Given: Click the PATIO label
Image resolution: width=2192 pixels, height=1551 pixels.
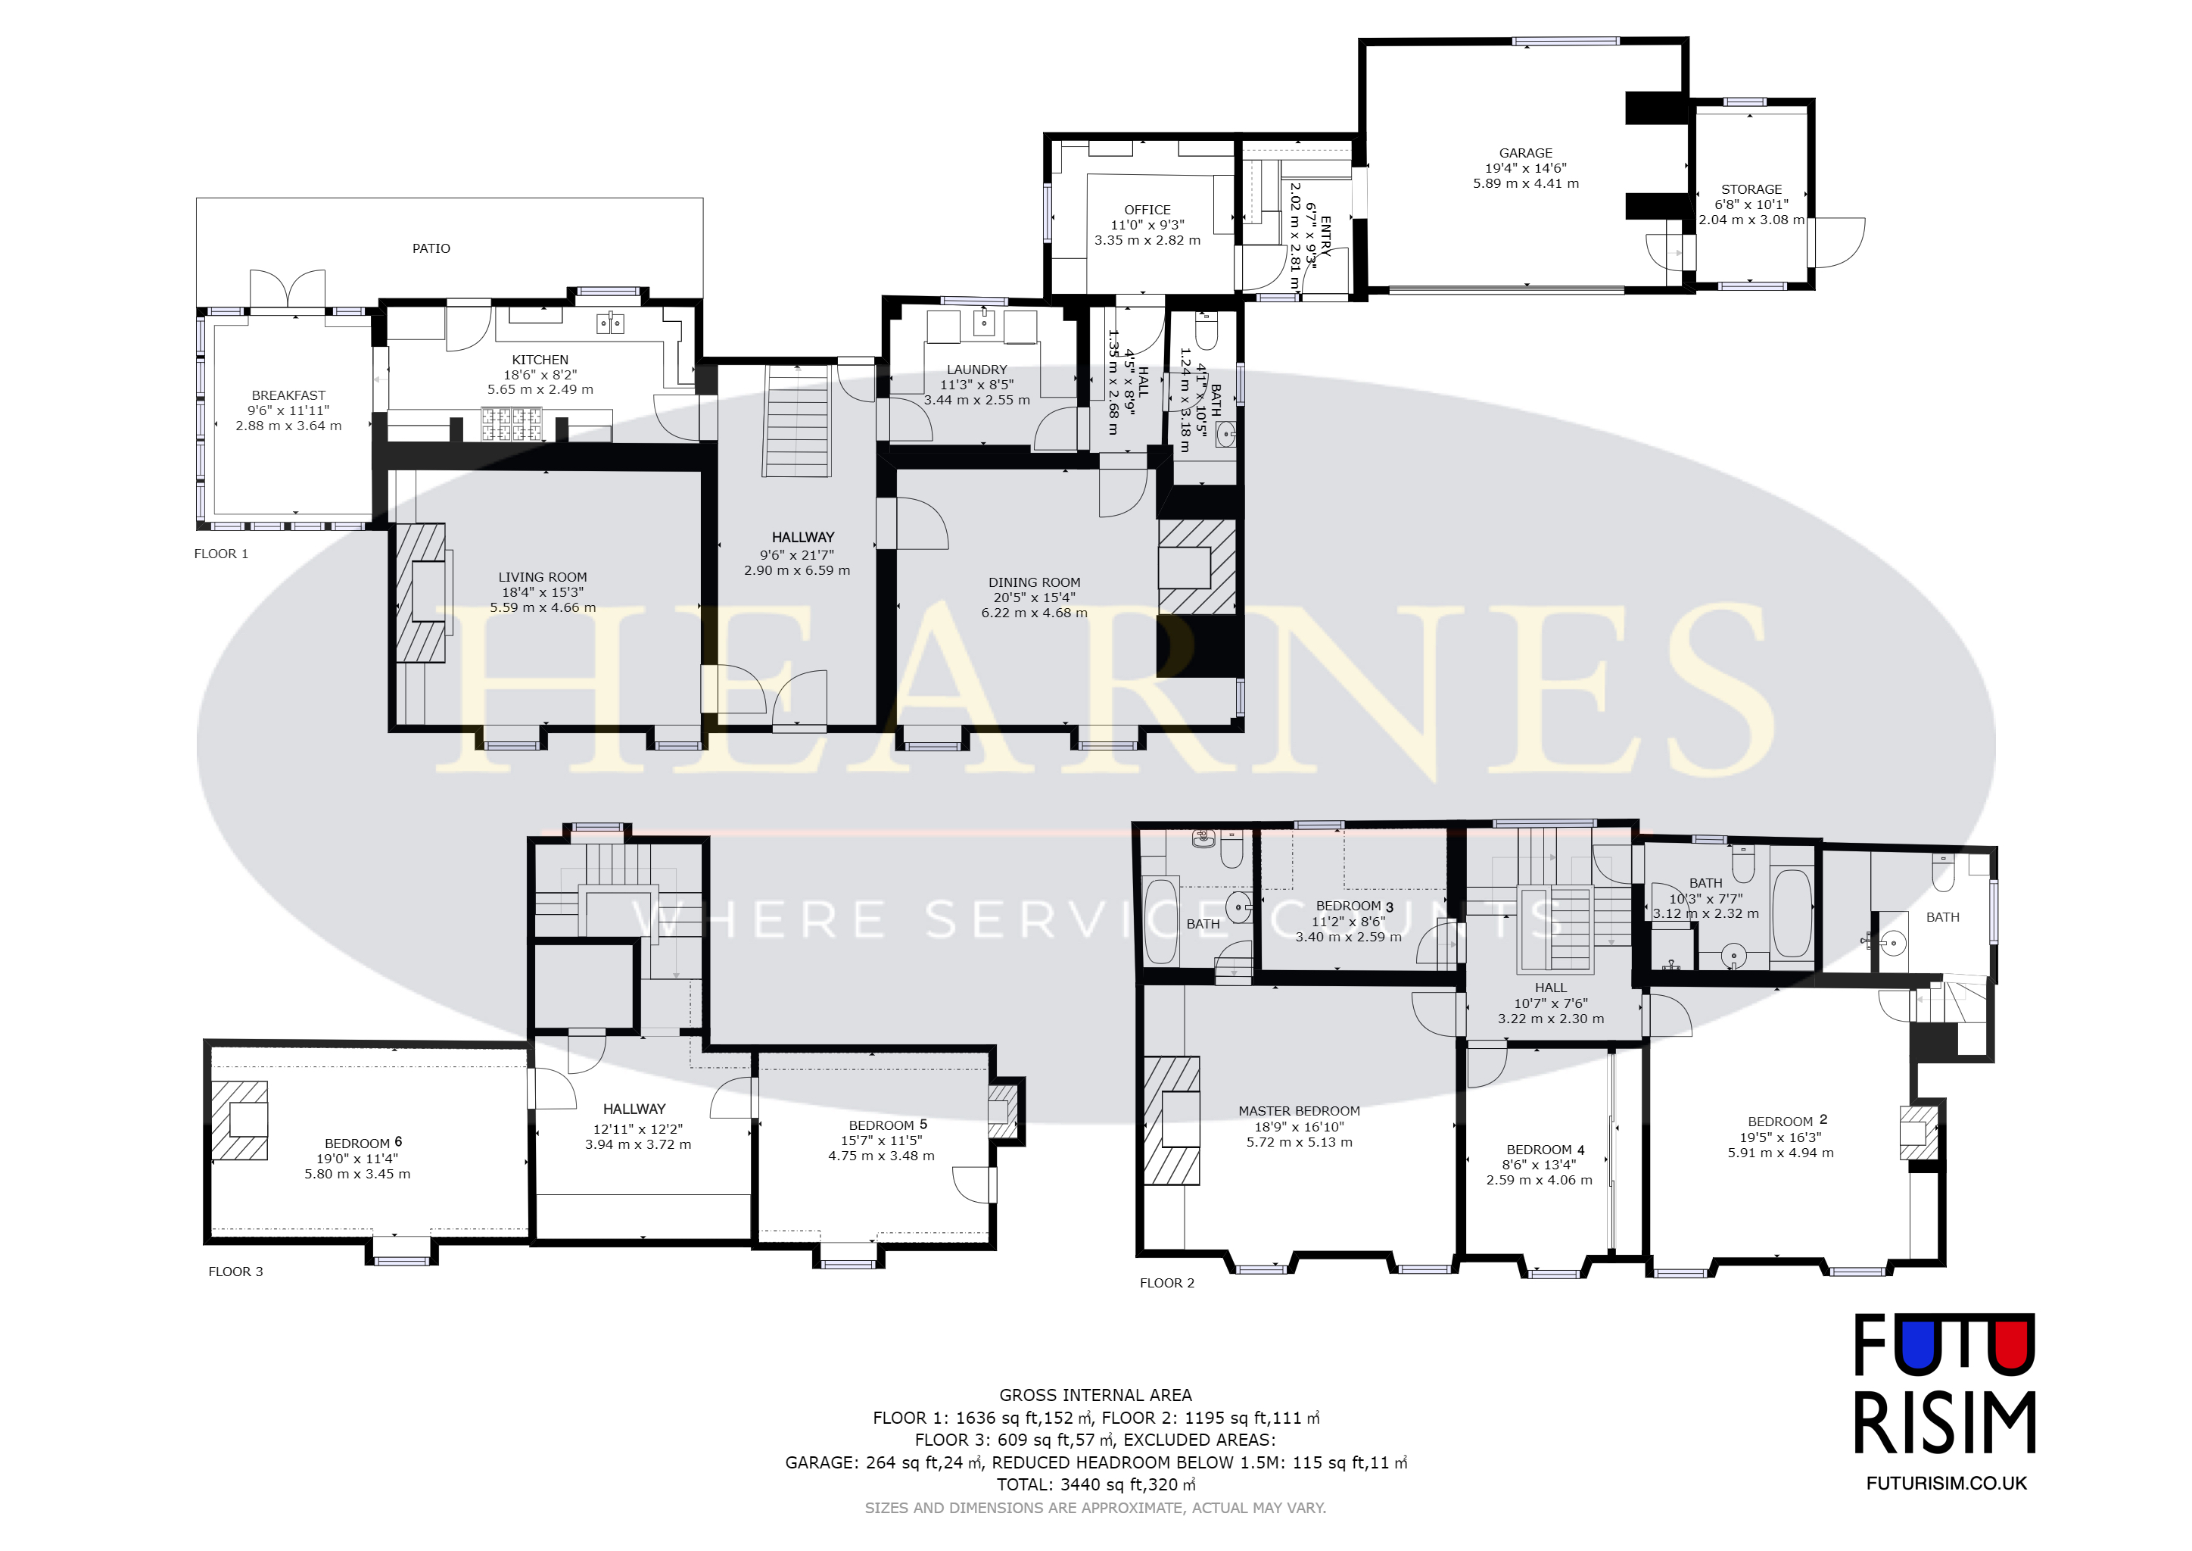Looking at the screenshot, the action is click(431, 248).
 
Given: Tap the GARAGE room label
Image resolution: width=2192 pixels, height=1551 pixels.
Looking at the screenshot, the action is click(1526, 153).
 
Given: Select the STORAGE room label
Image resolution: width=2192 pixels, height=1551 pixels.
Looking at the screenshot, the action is click(1751, 189).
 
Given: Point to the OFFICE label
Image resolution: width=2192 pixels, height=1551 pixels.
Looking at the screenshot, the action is click(1147, 210).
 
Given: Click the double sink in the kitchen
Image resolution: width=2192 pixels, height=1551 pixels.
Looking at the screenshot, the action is click(610, 324).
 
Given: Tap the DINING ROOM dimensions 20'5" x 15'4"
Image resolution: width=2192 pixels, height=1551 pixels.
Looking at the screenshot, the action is click(1034, 598).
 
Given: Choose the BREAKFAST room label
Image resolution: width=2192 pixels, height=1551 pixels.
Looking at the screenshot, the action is click(288, 395).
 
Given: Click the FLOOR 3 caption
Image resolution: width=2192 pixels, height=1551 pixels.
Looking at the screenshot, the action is click(236, 1272).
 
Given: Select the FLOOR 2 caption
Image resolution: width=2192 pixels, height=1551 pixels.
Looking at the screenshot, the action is click(1166, 1283).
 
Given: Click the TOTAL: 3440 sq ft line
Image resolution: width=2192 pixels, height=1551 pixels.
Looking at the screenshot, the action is click(1096, 1485).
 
